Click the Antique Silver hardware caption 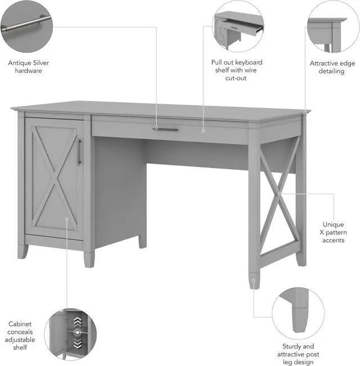[28, 67]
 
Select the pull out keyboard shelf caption [236, 70]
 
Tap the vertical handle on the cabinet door [79, 152]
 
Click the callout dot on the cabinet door [67, 219]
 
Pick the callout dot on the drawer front [204, 130]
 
